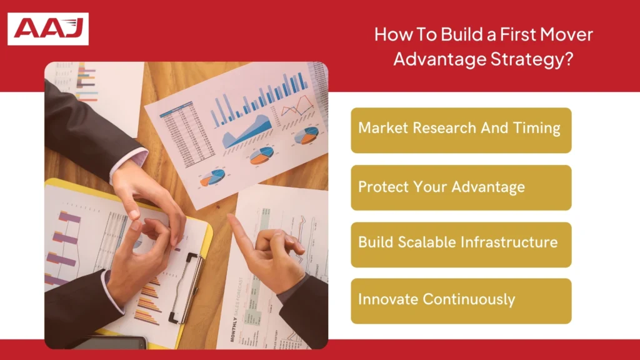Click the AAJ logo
click(x=48, y=29)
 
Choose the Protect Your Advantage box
click(x=461, y=187)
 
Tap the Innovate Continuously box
click(x=461, y=301)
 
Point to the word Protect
click(x=379, y=186)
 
